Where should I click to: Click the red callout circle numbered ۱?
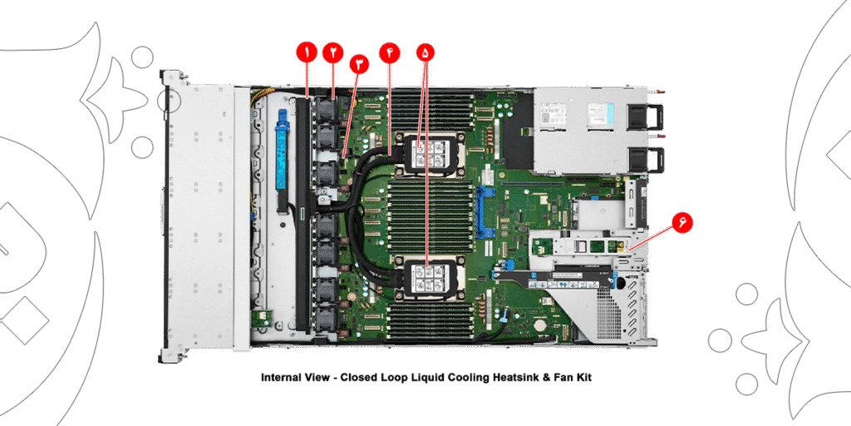(x=307, y=52)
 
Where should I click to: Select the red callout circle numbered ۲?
(x=333, y=52)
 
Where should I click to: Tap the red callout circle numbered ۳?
(x=359, y=64)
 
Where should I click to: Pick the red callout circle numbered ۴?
(x=389, y=52)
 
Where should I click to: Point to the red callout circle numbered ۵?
(x=425, y=52)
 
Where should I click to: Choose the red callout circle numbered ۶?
(x=681, y=222)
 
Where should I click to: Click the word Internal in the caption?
(x=281, y=378)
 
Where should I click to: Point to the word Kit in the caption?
(x=581, y=378)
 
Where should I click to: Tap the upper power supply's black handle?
(x=655, y=116)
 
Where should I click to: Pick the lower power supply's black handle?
(x=655, y=158)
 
